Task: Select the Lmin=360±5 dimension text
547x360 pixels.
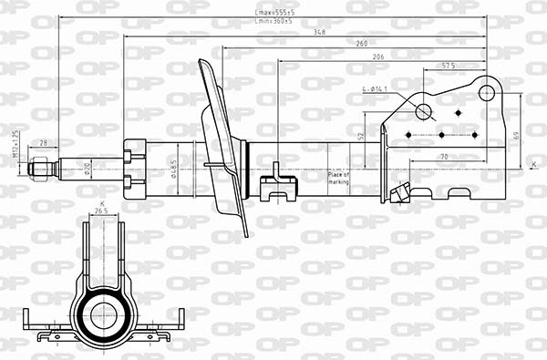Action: [x=273, y=22]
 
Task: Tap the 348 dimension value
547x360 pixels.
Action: [x=319, y=32]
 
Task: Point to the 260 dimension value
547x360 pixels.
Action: [x=362, y=44]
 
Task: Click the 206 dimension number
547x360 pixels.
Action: [x=377, y=57]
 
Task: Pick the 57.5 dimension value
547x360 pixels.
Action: [x=449, y=67]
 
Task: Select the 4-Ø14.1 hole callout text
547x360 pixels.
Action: [x=376, y=89]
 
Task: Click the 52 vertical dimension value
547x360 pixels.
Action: [x=361, y=136]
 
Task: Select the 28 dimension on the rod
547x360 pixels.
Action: [x=43, y=143]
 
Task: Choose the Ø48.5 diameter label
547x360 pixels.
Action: [x=173, y=169]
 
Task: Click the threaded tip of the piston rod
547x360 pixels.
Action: [x=38, y=169]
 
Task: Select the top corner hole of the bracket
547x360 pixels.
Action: [x=488, y=92]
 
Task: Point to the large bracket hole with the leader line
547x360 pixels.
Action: [x=423, y=111]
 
